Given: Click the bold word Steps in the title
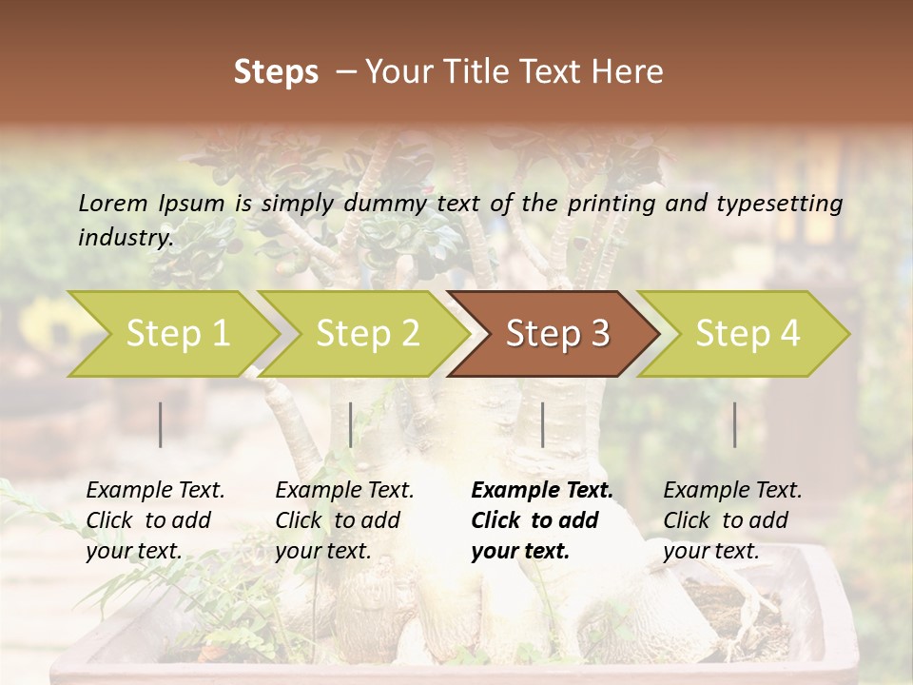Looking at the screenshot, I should pos(276,72).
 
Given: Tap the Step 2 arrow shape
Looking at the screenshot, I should pos(367,334).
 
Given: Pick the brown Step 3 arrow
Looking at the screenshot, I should pos(557,334).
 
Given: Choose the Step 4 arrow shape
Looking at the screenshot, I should pos(748,334).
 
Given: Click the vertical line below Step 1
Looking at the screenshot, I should pos(161,424).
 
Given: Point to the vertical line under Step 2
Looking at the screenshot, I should pos(351,424).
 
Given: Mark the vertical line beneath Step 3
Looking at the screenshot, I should pos(542,424).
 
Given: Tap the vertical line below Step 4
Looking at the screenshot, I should pos(735,424).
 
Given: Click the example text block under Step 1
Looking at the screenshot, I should pos(155,520).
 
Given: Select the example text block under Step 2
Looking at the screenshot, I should pos(344,520).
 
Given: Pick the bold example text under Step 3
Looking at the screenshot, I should pos(542,520).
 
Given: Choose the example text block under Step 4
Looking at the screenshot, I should pos(732,520).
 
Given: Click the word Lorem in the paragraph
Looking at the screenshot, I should pos(113,203).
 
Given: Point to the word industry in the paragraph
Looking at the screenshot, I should pos(125,237).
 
